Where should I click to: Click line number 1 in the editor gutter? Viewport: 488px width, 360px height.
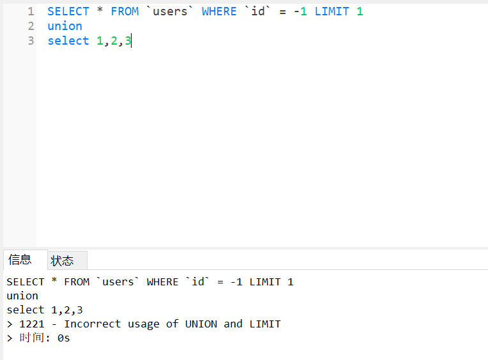(31, 11)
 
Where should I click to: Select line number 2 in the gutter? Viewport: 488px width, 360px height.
(31, 26)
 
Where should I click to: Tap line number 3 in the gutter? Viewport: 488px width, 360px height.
(31, 41)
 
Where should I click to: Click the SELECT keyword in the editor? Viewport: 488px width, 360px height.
(68, 11)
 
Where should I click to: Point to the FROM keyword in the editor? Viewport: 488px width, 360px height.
(125, 11)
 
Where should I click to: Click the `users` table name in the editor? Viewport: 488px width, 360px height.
(170, 11)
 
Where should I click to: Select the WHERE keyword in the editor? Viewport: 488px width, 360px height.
(219, 11)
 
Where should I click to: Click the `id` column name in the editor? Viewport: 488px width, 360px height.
(258, 11)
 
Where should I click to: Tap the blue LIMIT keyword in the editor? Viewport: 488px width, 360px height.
(332, 11)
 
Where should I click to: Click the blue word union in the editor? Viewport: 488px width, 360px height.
(65, 26)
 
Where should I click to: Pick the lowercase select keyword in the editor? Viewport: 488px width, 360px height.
(68, 41)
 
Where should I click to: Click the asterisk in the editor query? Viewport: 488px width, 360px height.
(100, 12)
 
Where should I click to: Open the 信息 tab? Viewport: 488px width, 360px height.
(20, 260)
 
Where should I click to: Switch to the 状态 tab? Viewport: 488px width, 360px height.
(62, 260)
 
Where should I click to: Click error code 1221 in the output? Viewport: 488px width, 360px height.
(32, 324)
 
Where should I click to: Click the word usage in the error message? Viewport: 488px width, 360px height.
(144, 324)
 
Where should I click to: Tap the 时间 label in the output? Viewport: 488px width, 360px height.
(32, 338)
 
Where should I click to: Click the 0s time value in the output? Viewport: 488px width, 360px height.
(63, 338)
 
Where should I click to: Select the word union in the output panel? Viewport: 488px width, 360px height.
(22, 296)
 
